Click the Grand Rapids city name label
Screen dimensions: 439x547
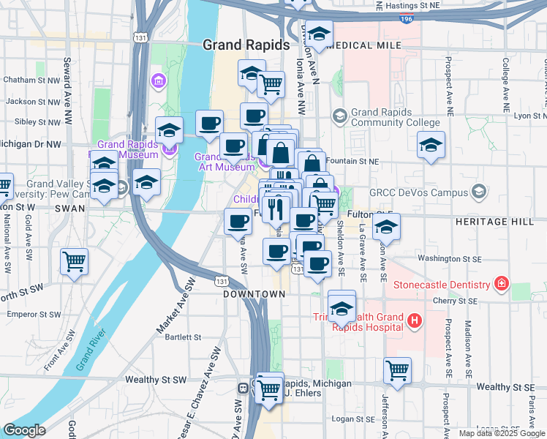click(x=246, y=45)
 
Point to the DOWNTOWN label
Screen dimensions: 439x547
click(x=254, y=293)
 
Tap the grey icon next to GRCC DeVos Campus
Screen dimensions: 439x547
click(x=479, y=193)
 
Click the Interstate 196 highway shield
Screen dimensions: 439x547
click(x=407, y=20)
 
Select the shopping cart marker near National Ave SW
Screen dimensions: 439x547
click(x=74, y=261)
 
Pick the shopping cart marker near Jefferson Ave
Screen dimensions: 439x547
click(x=397, y=369)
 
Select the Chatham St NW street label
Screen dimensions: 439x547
click(x=31, y=80)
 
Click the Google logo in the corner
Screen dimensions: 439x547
click(x=24, y=430)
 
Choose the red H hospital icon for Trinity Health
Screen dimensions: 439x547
click(x=414, y=320)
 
